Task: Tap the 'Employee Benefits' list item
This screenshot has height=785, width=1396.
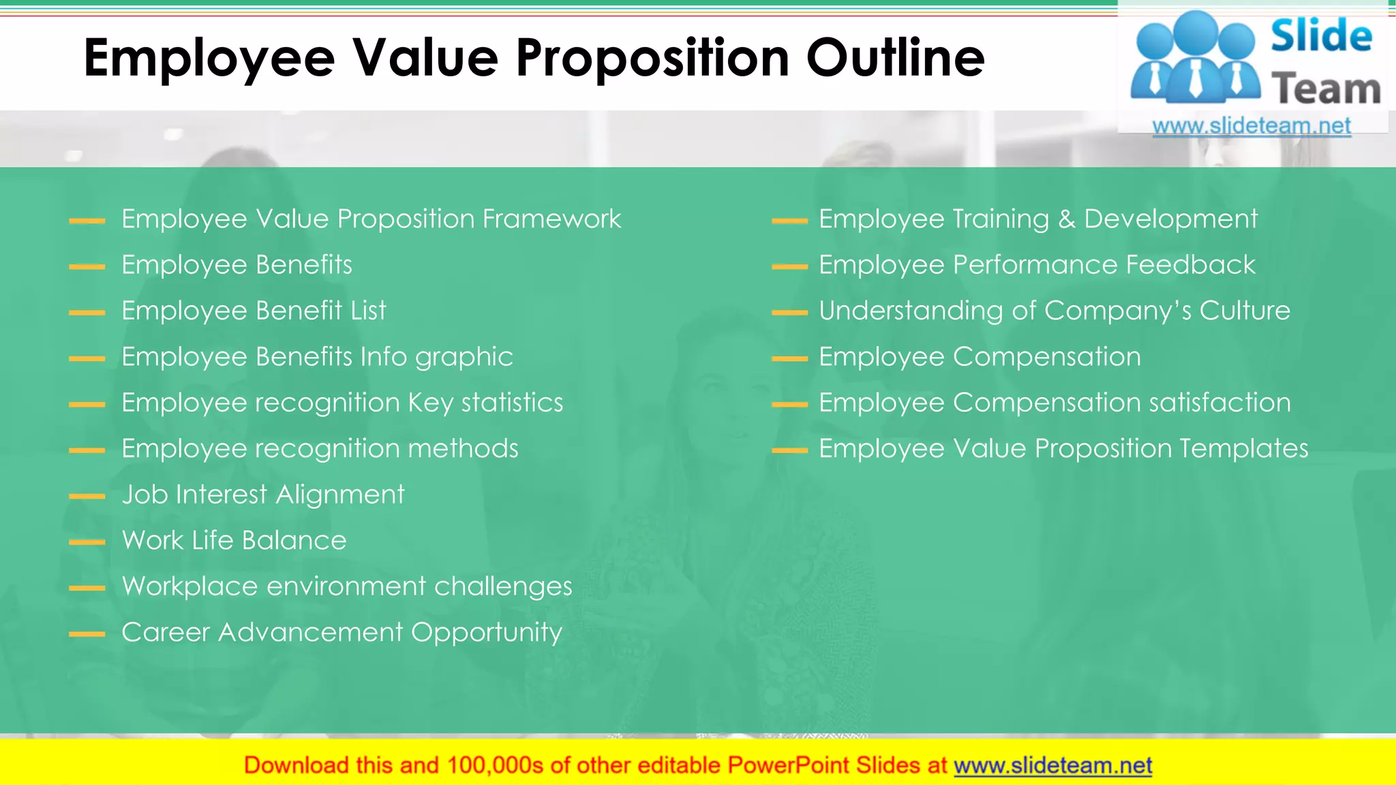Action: coord(237,265)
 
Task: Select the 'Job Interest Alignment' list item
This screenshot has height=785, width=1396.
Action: coord(263,495)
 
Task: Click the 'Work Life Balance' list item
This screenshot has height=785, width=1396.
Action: coord(234,540)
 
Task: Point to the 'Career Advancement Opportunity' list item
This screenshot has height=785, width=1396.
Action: coord(342,632)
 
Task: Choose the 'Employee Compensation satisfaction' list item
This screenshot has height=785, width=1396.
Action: coord(1054,403)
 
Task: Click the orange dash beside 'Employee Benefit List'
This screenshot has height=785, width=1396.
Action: coord(87,313)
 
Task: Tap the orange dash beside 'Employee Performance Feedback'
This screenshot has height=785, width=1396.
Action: coord(789,266)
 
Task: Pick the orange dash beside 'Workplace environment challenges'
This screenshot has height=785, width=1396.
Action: coord(87,588)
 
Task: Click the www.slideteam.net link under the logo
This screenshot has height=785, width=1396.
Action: coord(1251,126)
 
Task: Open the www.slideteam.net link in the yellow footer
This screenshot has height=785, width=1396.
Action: coord(1052,765)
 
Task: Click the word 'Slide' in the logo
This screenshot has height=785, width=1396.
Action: coord(1321,36)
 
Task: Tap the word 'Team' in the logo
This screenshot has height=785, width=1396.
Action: coord(1326,89)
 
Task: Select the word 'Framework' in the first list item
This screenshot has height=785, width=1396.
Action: coord(551,219)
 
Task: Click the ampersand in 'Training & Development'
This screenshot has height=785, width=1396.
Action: coord(1066,219)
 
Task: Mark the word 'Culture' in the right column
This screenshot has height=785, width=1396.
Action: coord(1245,311)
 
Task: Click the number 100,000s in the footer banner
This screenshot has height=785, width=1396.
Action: coord(495,765)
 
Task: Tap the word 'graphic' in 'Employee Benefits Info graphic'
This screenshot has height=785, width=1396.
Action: coord(464,358)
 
